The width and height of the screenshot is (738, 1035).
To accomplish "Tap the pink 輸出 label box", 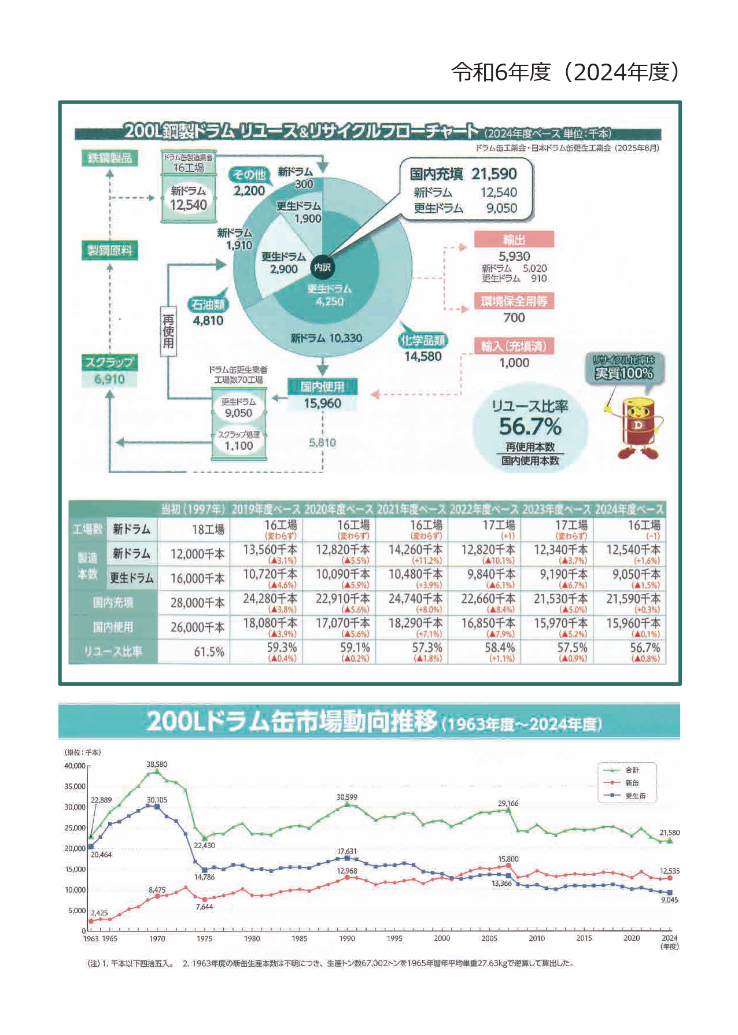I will click(514, 239).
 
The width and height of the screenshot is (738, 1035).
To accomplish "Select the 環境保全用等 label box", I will click(514, 301).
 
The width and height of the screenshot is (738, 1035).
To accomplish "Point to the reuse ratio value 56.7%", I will click(530, 427).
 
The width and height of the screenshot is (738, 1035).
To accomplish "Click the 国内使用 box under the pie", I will click(322, 386).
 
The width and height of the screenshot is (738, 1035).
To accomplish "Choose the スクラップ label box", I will click(109, 363).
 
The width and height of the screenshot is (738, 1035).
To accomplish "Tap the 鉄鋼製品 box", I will click(109, 158).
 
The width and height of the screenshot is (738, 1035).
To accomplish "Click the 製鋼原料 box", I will click(109, 250).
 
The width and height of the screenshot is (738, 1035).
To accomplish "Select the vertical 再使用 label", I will click(168, 331).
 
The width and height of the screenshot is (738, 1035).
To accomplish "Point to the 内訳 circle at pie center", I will click(322, 267).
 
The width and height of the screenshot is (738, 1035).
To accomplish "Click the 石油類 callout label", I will click(208, 304).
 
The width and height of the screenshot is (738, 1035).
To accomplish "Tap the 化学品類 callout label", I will click(423, 341).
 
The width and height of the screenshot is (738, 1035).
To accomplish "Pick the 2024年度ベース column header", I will click(629, 509).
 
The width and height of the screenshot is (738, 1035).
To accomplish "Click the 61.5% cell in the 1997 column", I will click(209, 652).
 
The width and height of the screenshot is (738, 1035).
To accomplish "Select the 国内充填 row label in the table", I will click(113, 602).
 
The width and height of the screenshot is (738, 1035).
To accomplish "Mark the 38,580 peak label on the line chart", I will click(157, 764).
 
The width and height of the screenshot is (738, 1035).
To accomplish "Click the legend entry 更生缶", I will click(635, 796).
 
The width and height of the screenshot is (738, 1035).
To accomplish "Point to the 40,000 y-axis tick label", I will click(75, 766).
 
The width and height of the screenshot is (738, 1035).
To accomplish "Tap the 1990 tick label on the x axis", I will click(347, 938).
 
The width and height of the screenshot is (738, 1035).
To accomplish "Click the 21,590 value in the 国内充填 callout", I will click(493, 173).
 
